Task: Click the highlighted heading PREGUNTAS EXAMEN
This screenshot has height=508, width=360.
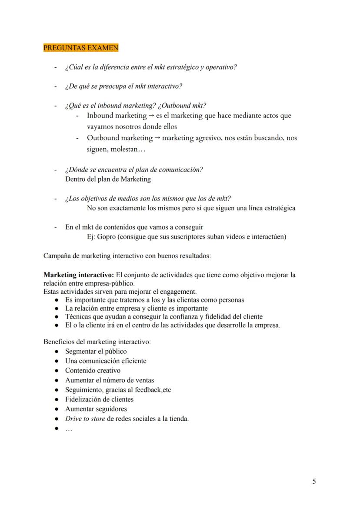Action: coord(81,48)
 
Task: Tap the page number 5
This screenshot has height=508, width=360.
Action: coord(314,481)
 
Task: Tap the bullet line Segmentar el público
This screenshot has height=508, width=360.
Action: coord(96,351)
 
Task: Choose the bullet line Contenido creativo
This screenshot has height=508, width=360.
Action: coord(93,371)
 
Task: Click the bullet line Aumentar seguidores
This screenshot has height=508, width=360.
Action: coord(96,409)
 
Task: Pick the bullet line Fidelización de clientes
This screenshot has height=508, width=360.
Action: coord(99,399)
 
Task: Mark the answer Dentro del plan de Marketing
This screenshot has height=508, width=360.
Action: coord(108,179)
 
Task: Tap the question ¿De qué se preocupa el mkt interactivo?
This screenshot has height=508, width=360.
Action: coord(123,86)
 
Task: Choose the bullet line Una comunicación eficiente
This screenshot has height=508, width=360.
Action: coord(106,361)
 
